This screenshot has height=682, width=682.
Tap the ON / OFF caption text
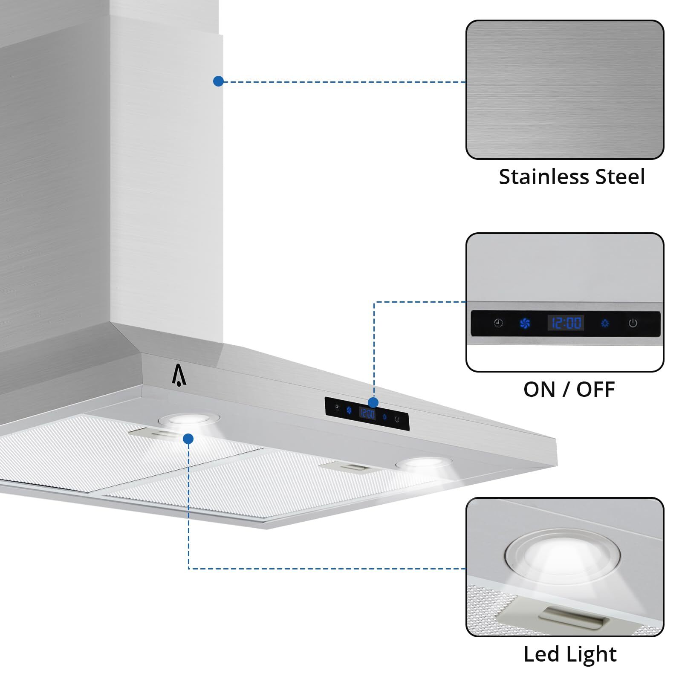coord(569,389)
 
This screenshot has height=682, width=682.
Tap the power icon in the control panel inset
coord(633,323)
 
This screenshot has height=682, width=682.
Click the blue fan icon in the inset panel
coord(525,323)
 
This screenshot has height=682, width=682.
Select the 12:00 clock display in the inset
coord(566,323)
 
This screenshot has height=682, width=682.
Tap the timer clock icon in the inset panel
coord(498,323)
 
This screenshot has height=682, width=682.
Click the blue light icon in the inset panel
coord(604,323)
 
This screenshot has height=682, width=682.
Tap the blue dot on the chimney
coord(218,81)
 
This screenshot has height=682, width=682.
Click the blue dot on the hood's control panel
coord(373,402)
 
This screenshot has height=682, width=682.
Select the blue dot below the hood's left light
coord(188,439)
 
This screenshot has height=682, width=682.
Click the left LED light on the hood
coord(189,420)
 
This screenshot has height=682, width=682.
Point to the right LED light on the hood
coord(423,463)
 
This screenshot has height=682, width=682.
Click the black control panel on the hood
coord(367,413)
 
